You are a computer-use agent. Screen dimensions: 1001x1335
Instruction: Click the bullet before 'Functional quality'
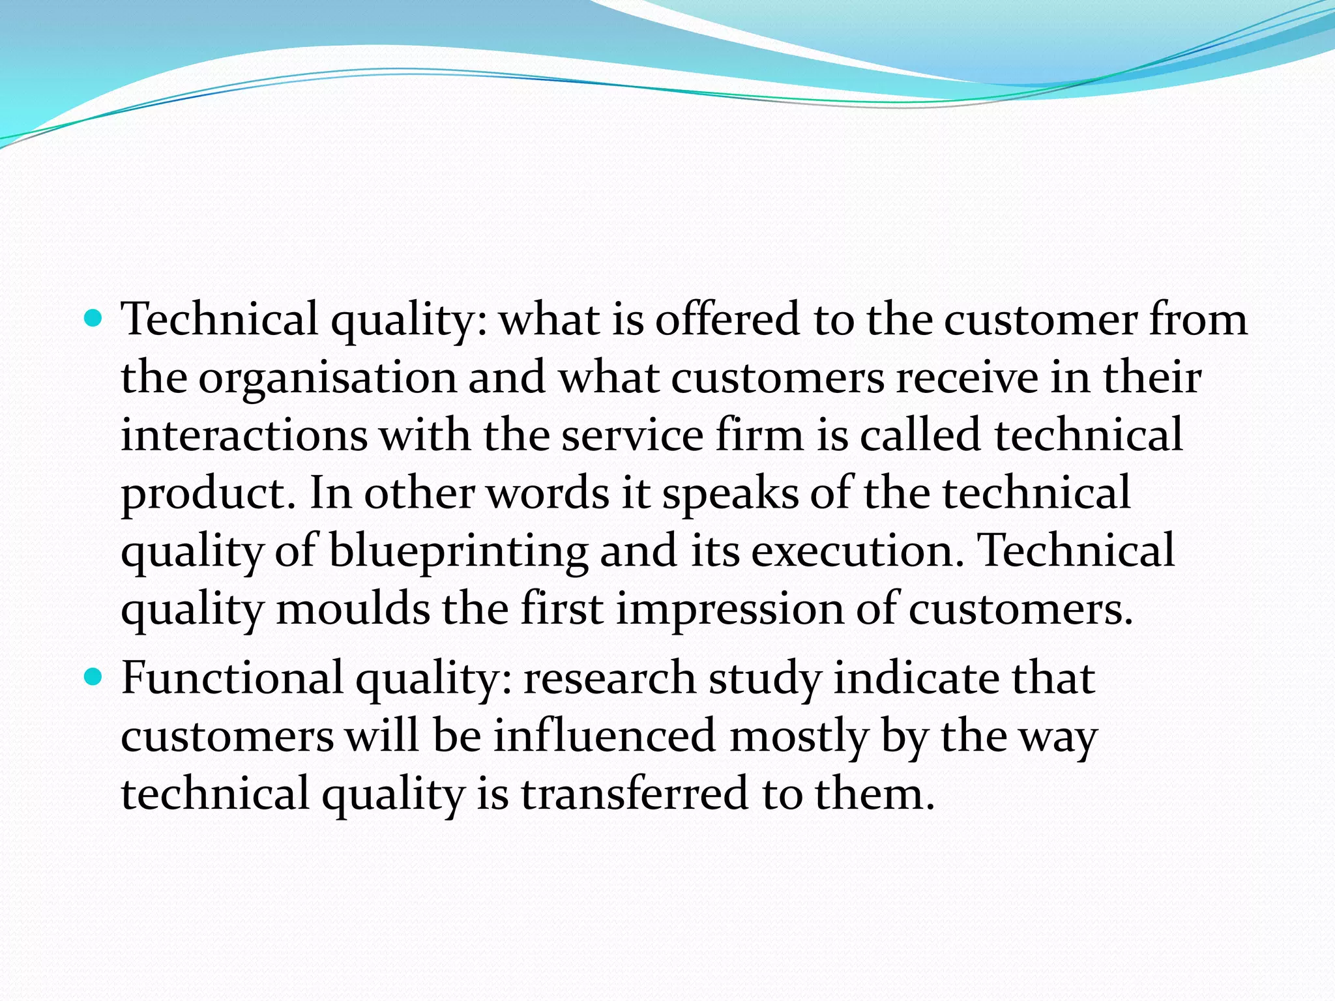(x=95, y=678)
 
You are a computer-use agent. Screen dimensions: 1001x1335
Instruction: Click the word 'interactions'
(x=244, y=435)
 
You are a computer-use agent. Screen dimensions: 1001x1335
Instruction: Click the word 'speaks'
(x=730, y=493)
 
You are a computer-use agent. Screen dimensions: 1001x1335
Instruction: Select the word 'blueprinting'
(x=458, y=551)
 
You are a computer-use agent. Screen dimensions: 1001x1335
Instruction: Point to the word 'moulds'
(x=353, y=609)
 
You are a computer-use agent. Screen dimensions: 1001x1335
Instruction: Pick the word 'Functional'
(x=232, y=678)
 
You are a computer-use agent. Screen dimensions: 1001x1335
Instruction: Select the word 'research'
(x=609, y=678)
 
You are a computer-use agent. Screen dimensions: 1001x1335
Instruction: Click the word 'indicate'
(x=916, y=678)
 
